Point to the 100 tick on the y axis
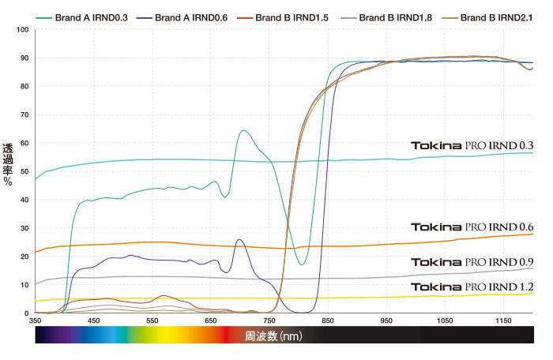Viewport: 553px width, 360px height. coord(21,30)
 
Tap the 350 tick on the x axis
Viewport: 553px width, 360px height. coord(35,321)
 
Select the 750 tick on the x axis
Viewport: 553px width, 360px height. coord(269,321)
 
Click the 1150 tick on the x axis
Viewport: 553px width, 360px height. coord(504,321)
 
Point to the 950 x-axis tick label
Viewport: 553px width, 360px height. coord(387,321)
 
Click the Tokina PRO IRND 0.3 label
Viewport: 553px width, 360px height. coord(472,145)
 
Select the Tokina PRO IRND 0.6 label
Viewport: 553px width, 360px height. coord(472,227)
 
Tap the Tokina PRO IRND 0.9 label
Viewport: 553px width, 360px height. coord(472,262)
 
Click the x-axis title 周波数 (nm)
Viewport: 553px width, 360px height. coord(273,336)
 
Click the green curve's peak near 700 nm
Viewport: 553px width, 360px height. coord(243,130)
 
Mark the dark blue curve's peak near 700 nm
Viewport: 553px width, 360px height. coord(239,239)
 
